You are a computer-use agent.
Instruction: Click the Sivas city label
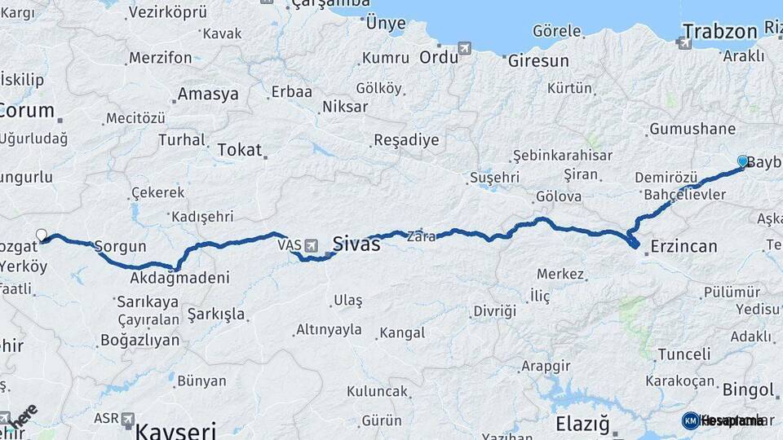[356, 243]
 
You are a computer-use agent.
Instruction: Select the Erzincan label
[684, 246]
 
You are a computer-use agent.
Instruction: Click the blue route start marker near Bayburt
[742, 161]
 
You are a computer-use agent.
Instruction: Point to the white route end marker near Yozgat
[42, 235]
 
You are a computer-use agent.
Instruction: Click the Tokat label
[240, 150]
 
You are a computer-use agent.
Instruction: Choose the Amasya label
[208, 94]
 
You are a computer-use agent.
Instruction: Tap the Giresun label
[538, 61]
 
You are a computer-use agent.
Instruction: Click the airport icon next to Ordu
[465, 48]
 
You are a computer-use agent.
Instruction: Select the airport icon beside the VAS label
[311, 244]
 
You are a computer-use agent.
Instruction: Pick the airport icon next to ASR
[127, 419]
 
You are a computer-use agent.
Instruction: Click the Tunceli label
[683, 354]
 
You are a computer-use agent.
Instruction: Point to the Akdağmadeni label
[179, 278]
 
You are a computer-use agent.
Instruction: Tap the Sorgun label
[120, 246]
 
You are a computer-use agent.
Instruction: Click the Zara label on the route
[421, 236]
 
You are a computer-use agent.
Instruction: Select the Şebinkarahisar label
[562, 156]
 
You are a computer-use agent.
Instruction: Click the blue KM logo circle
[690, 420]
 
